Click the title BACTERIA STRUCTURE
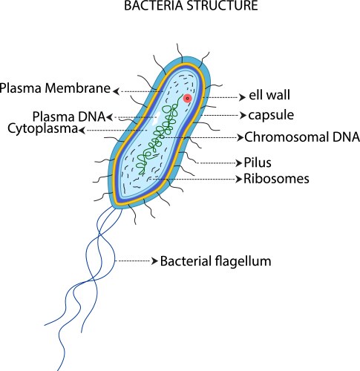[191, 5]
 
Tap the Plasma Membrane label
[55, 88]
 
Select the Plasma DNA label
[69, 116]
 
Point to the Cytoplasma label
[42, 129]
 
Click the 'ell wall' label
[269, 95]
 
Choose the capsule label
[271, 116]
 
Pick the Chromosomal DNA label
[302, 137]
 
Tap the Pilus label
[258, 162]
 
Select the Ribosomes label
[276, 179]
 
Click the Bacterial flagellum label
[215, 261]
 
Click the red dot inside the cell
[187, 99]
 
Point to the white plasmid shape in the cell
[156, 117]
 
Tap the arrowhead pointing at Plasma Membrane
[117, 91]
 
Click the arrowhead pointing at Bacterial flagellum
[154, 261]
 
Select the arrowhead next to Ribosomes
[238, 179]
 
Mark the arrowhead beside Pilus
[238, 163]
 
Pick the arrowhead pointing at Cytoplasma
[82, 130]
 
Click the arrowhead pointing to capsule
[243, 116]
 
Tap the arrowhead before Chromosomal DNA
[240, 137]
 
